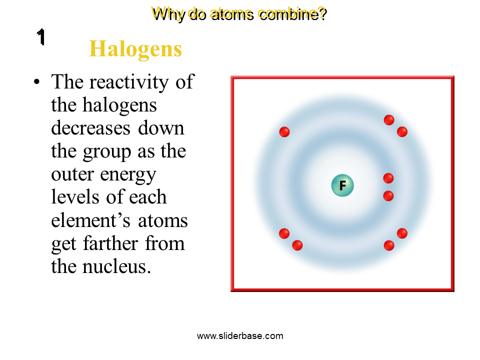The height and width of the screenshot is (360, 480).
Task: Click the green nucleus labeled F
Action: (342, 186)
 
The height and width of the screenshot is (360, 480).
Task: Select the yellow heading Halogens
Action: (135, 49)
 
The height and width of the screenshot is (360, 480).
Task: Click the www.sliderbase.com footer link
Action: (240, 336)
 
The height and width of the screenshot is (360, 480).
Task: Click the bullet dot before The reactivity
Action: (36, 82)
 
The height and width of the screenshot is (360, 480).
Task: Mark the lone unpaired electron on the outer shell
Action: (284, 132)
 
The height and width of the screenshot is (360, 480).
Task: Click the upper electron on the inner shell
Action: (388, 178)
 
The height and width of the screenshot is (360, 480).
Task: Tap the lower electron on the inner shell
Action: (388, 196)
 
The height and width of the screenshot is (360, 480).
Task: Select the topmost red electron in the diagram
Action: (389, 120)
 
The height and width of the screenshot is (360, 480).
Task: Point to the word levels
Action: (74, 197)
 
